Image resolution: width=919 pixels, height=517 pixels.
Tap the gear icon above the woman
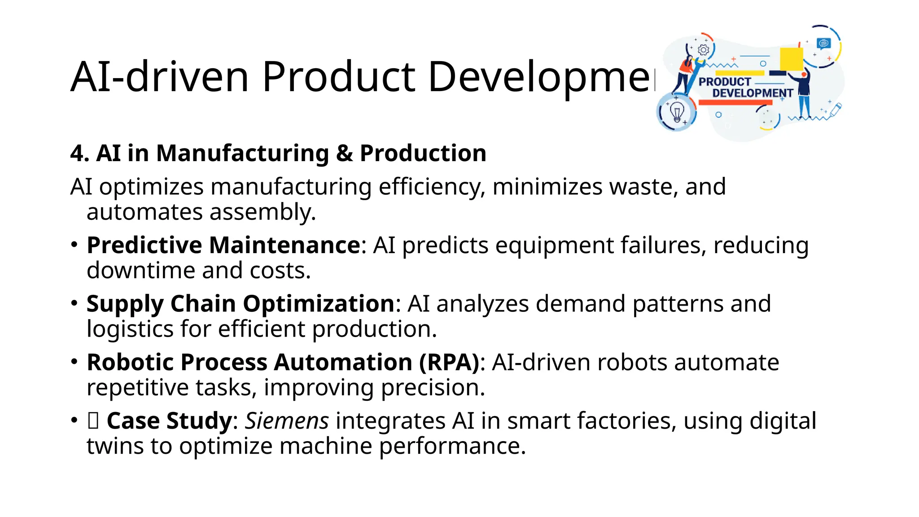[x=703, y=50]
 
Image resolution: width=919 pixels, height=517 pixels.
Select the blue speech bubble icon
[x=824, y=44]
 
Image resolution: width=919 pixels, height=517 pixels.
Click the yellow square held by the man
[x=791, y=59]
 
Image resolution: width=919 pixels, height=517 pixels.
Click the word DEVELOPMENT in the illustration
[x=753, y=93]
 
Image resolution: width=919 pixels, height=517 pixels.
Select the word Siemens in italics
[x=287, y=421]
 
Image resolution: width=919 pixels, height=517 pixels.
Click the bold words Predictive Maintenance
[x=223, y=245]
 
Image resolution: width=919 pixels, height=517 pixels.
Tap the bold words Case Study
[x=169, y=421]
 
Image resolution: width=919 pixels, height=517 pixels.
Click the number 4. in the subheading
[x=79, y=153]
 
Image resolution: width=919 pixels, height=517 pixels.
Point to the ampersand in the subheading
[x=344, y=153]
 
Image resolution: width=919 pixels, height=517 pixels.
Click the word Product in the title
[x=339, y=77]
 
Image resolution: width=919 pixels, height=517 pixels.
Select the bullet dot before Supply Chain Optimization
[x=74, y=303]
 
